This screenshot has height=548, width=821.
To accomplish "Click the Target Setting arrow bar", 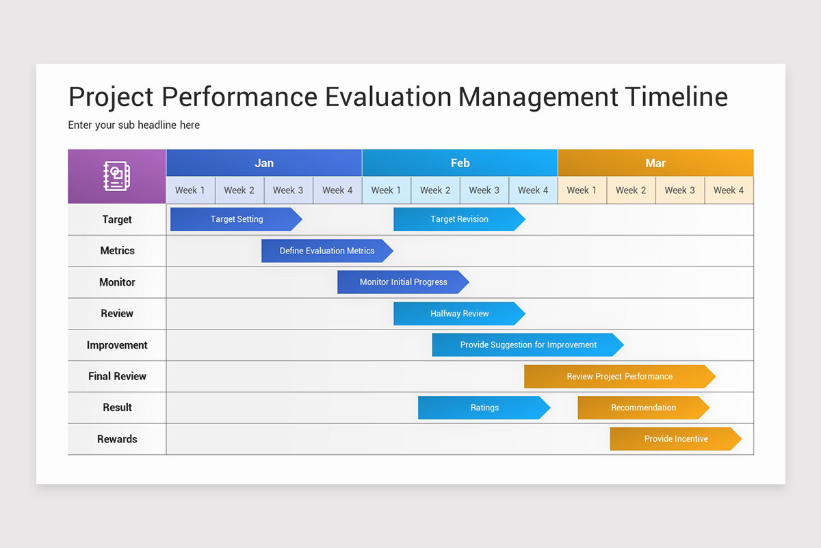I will tap(236, 219).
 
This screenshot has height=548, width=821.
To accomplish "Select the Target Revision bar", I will tap(459, 219).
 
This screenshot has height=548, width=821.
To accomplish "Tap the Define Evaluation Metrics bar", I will tap(327, 251).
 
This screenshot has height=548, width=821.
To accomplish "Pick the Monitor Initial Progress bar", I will tap(403, 282).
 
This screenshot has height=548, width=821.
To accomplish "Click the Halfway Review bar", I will tap(459, 314).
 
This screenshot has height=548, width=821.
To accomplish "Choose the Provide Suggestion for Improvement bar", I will tap(527, 345).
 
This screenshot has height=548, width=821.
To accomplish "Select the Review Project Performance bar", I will tap(619, 376).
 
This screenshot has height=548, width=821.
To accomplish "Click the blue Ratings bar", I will tap(484, 408).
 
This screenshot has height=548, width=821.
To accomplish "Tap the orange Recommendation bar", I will tap(643, 408).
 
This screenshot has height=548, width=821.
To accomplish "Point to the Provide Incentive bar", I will tap(675, 438).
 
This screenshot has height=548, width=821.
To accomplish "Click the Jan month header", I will tap(264, 163).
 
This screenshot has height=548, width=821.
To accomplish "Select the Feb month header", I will tap(460, 163).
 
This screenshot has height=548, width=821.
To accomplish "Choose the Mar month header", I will tap(655, 163).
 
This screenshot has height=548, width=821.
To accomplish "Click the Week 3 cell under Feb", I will tap(484, 190).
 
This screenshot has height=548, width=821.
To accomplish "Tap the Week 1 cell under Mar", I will tap(582, 190).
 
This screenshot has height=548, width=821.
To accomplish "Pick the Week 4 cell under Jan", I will tap(337, 190).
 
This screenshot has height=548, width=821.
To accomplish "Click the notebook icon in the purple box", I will tap(116, 176).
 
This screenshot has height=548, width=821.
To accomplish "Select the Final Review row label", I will tap(117, 376).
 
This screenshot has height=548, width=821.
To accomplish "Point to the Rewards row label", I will tap(117, 439).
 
